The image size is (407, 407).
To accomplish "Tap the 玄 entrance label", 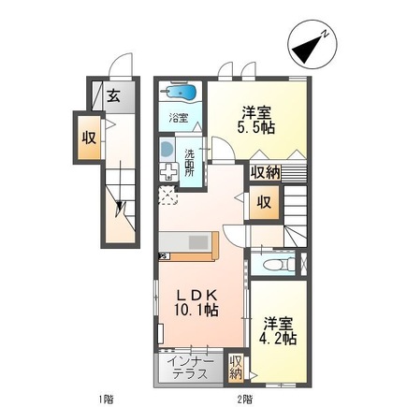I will [x=112, y=94].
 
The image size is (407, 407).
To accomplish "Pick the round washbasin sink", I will [x=167, y=150].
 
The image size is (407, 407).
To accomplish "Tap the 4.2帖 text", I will [x=279, y=336].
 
